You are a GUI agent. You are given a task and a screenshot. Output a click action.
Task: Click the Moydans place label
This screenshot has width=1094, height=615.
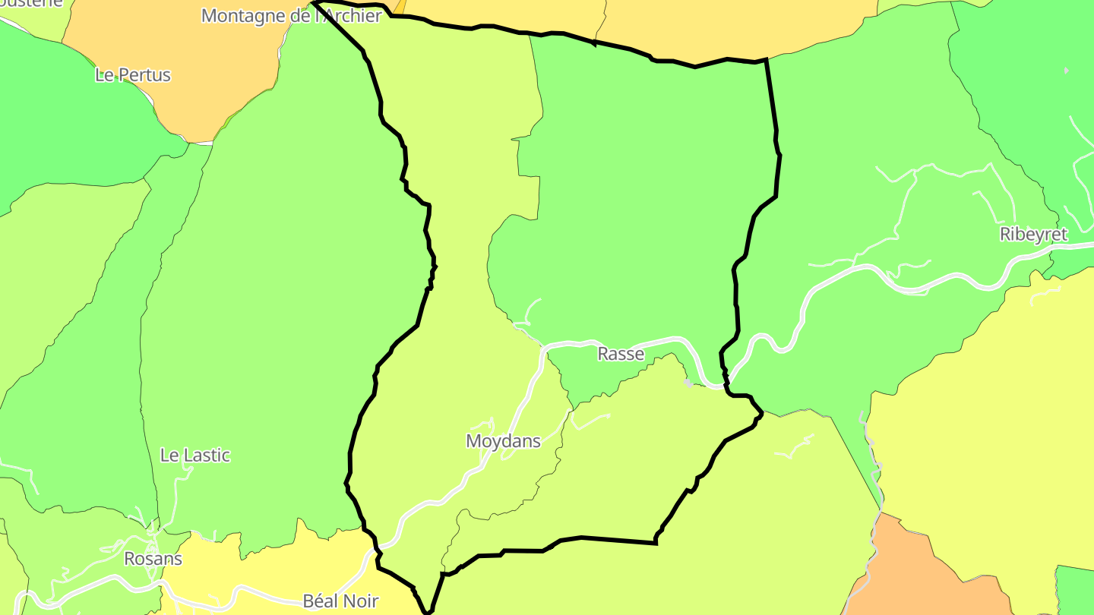click(503, 441)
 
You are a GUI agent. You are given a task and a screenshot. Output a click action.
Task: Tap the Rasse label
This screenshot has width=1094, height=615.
click(621, 354)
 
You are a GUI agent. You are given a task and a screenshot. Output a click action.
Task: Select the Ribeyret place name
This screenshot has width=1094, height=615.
click(1033, 235)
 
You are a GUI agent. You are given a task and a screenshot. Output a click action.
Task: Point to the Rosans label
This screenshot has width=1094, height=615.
click(153, 559)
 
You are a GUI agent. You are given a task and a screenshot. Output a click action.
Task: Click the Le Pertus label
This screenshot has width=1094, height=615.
click(133, 75)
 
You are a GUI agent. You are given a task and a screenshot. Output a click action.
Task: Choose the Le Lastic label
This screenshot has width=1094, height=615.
click(194, 456)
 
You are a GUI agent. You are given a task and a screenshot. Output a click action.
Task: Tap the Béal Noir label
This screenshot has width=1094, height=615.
click(340, 601)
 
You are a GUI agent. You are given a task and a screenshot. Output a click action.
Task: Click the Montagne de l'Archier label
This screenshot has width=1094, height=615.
click(291, 16)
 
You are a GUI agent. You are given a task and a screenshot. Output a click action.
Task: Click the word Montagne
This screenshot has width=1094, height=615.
click(242, 16)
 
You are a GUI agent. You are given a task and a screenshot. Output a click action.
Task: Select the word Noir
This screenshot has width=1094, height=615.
click(360, 601)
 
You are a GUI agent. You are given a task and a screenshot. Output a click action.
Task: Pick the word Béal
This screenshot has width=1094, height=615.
click(321, 601)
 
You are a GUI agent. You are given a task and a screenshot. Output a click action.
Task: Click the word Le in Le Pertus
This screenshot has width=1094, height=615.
click(104, 75)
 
